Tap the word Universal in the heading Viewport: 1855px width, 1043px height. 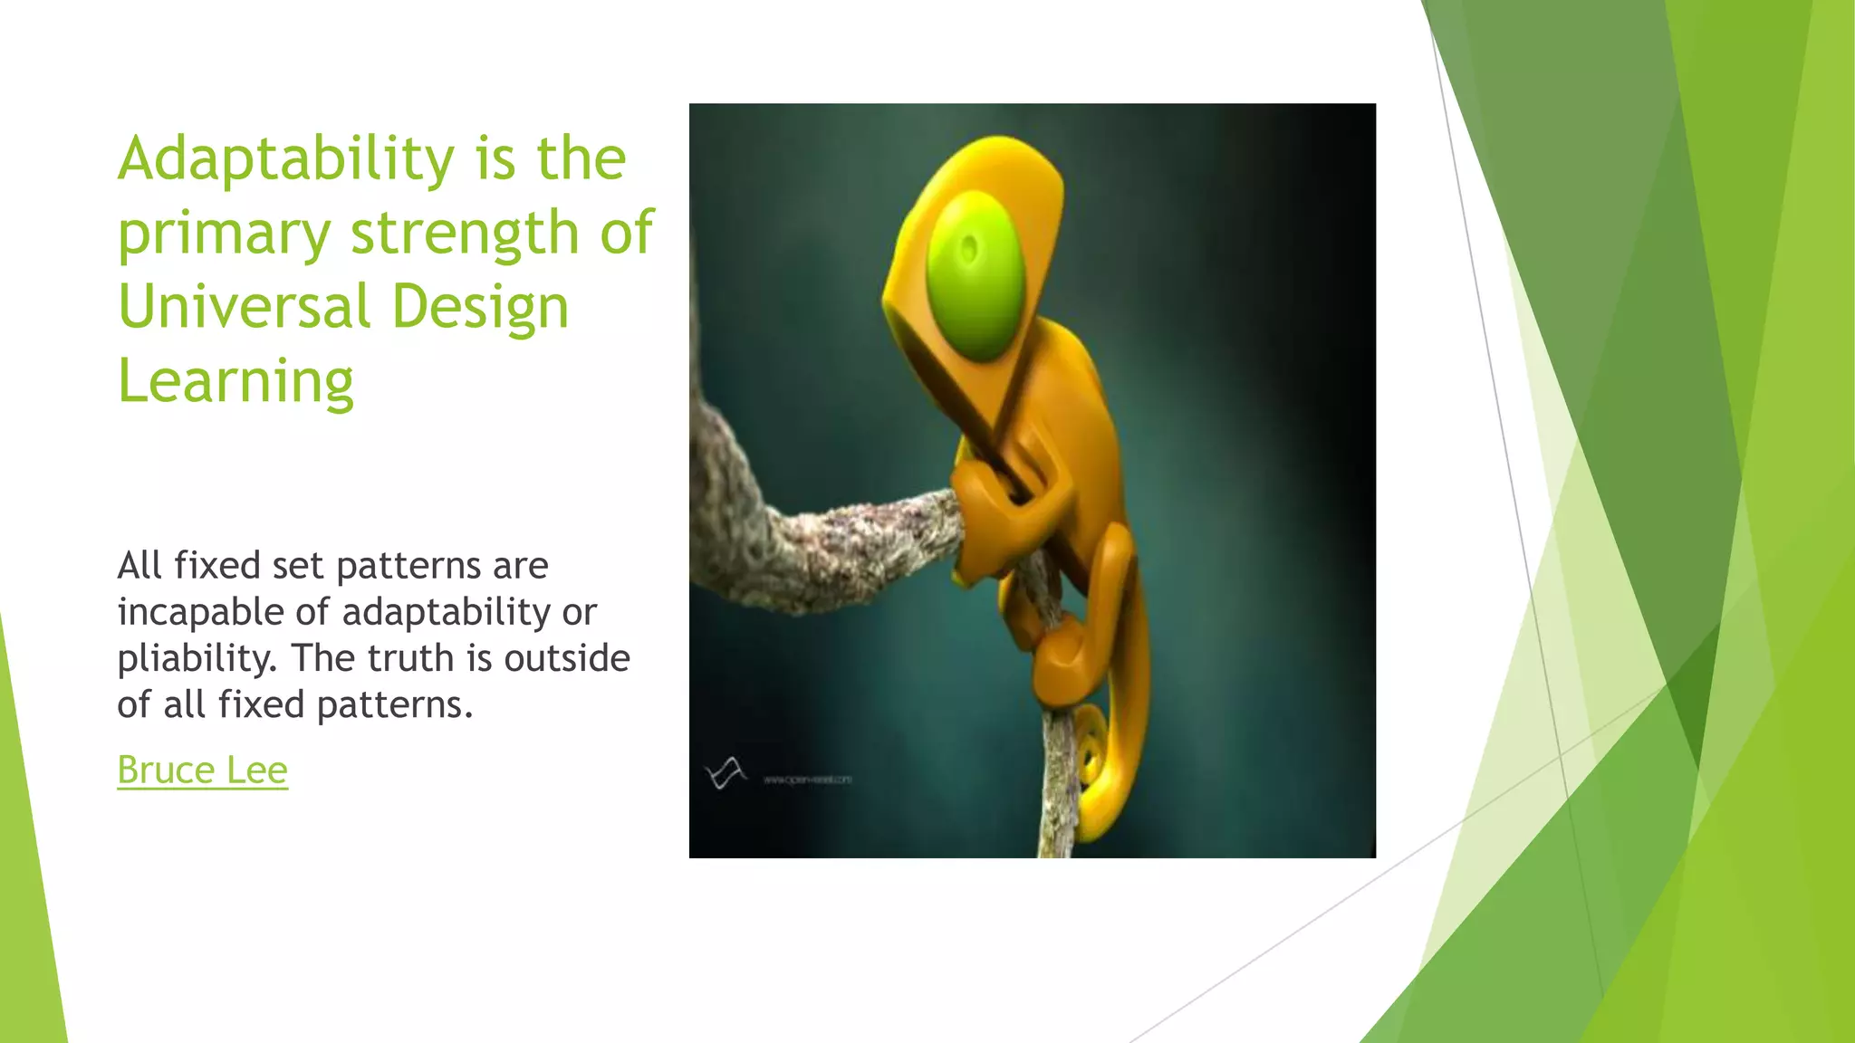(x=243, y=307)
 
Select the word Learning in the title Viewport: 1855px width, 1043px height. (x=235, y=381)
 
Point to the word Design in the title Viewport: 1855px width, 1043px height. (x=480, y=307)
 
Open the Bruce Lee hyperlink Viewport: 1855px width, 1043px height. (x=202, y=770)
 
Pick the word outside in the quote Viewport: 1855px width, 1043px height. (x=566, y=658)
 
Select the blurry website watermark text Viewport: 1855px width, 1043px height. (x=807, y=779)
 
